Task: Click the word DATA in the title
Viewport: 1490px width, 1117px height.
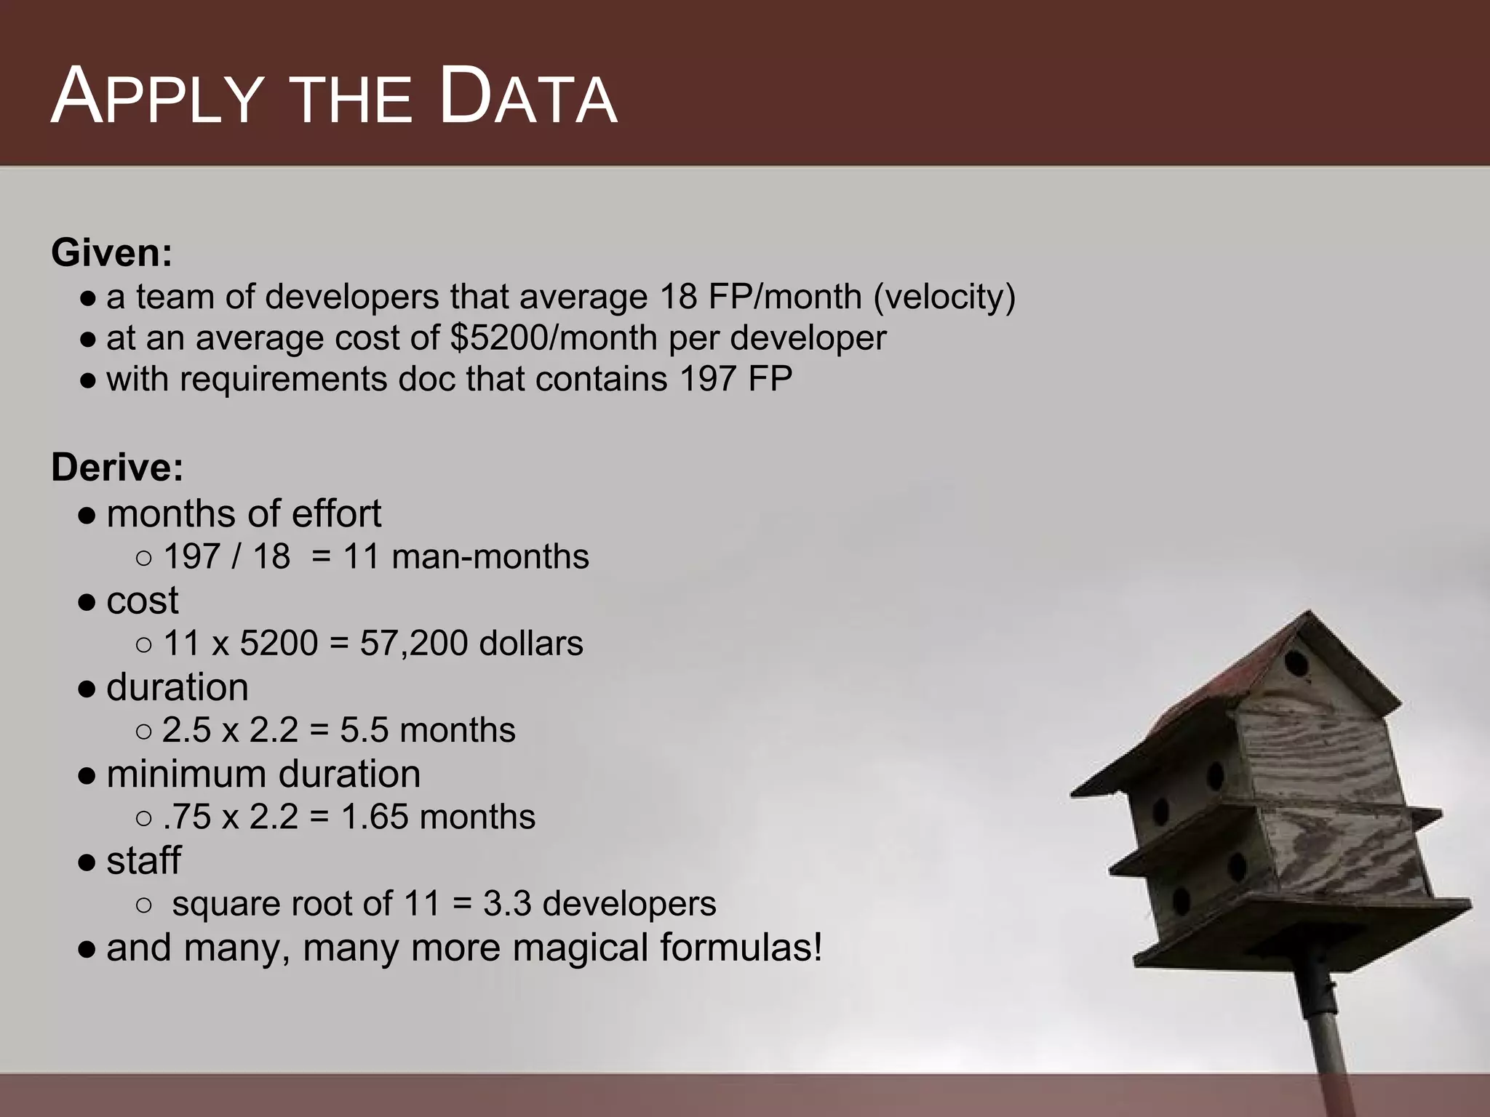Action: pos(528,97)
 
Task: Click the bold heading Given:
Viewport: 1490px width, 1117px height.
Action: pos(112,253)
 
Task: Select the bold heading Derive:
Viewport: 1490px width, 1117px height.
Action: pos(117,467)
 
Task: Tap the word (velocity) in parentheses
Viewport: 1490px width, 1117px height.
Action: pos(944,297)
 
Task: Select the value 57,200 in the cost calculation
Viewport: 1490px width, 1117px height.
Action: pos(413,644)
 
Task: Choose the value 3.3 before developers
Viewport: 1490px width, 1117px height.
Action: pos(507,904)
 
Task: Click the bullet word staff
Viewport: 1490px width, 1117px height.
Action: pos(143,861)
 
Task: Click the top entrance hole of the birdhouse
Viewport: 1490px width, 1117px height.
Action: pos(1296,663)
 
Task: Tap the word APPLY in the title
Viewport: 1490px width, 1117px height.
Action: pos(156,97)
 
